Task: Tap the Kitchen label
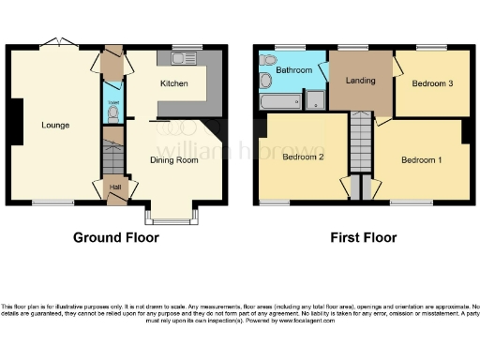pyautogui.click(x=173, y=84)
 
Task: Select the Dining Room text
pyautogui.click(x=175, y=160)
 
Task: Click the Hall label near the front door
pyautogui.click(x=114, y=187)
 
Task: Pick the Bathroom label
pyautogui.click(x=292, y=70)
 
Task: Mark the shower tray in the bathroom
pyautogui.click(x=316, y=101)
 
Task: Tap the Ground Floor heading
pyautogui.click(x=116, y=237)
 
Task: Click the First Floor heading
pyautogui.click(x=361, y=237)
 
